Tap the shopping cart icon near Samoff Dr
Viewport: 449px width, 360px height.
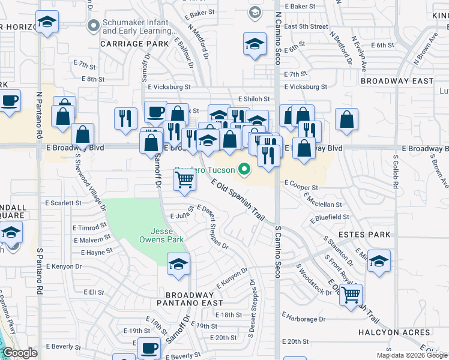coord(184,179)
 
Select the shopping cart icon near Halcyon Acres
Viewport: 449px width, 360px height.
coord(351,294)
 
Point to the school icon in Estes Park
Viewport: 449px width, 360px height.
coord(379,261)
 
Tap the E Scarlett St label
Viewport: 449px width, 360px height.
coord(63,203)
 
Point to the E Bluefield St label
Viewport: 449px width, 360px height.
coord(330,217)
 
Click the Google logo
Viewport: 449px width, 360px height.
coord(20,353)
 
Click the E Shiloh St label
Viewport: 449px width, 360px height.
coord(254,99)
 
